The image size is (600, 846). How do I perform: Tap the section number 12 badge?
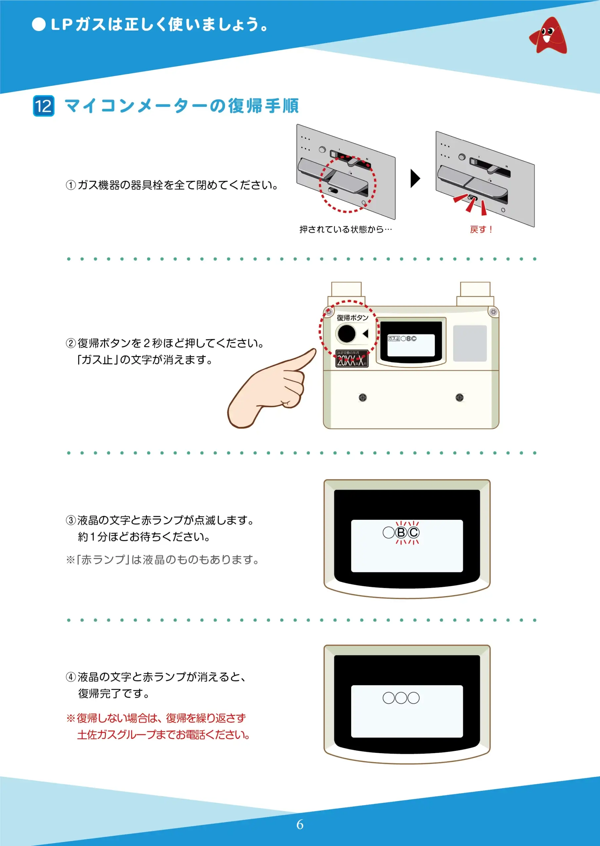[44, 106]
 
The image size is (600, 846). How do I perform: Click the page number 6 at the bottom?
[300, 824]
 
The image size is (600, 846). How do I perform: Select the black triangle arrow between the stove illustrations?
[415, 178]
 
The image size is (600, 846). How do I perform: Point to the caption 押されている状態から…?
[346, 229]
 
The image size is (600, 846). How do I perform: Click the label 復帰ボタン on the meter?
[352, 318]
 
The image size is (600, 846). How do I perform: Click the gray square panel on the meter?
[470, 343]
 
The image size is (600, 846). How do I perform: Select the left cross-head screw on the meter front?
[363, 397]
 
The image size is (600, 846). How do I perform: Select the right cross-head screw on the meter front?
[460, 397]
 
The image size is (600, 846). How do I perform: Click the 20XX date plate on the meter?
[352, 359]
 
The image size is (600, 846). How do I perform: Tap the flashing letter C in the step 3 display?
[413, 532]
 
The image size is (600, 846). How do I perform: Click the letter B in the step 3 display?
[401, 532]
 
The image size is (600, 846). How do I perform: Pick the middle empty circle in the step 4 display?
[401, 698]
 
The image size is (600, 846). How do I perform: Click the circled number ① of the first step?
[70, 185]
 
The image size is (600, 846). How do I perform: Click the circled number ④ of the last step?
[70, 677]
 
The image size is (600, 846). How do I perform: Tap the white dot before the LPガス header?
[38, 25]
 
